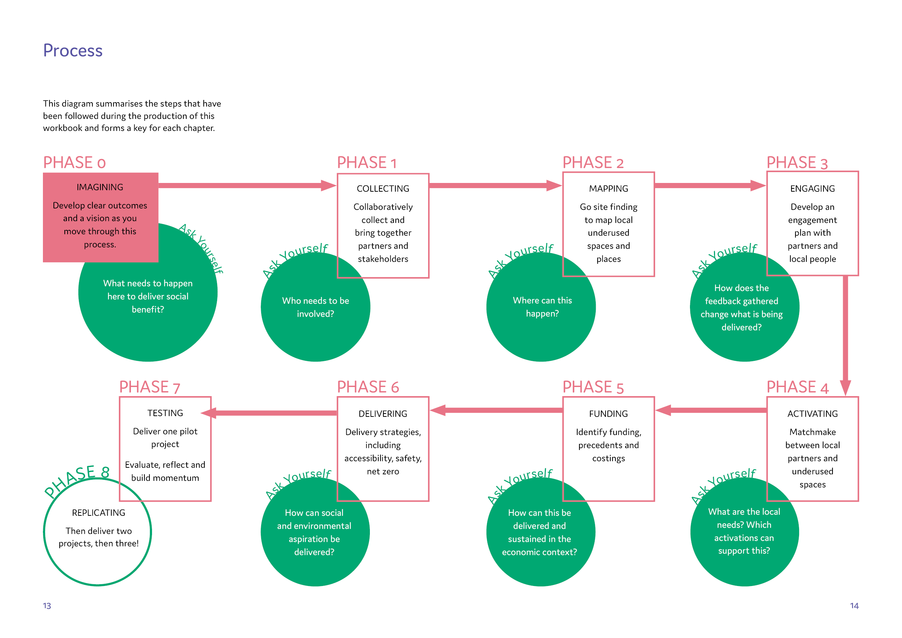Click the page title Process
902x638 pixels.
[73, 51]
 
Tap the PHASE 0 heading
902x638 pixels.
[74, 163]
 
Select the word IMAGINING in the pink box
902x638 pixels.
[100, 187]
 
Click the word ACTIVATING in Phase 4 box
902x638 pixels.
[812, 414]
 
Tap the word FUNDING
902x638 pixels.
[608, 414]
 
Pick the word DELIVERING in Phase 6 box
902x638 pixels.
[383, 414]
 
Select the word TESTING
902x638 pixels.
[165, 413]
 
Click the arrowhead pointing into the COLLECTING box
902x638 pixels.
[328, 186]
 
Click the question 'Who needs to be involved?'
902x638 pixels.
[315, 307]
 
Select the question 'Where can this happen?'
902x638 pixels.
[542, 307]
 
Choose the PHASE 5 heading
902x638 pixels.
[593, 387]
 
